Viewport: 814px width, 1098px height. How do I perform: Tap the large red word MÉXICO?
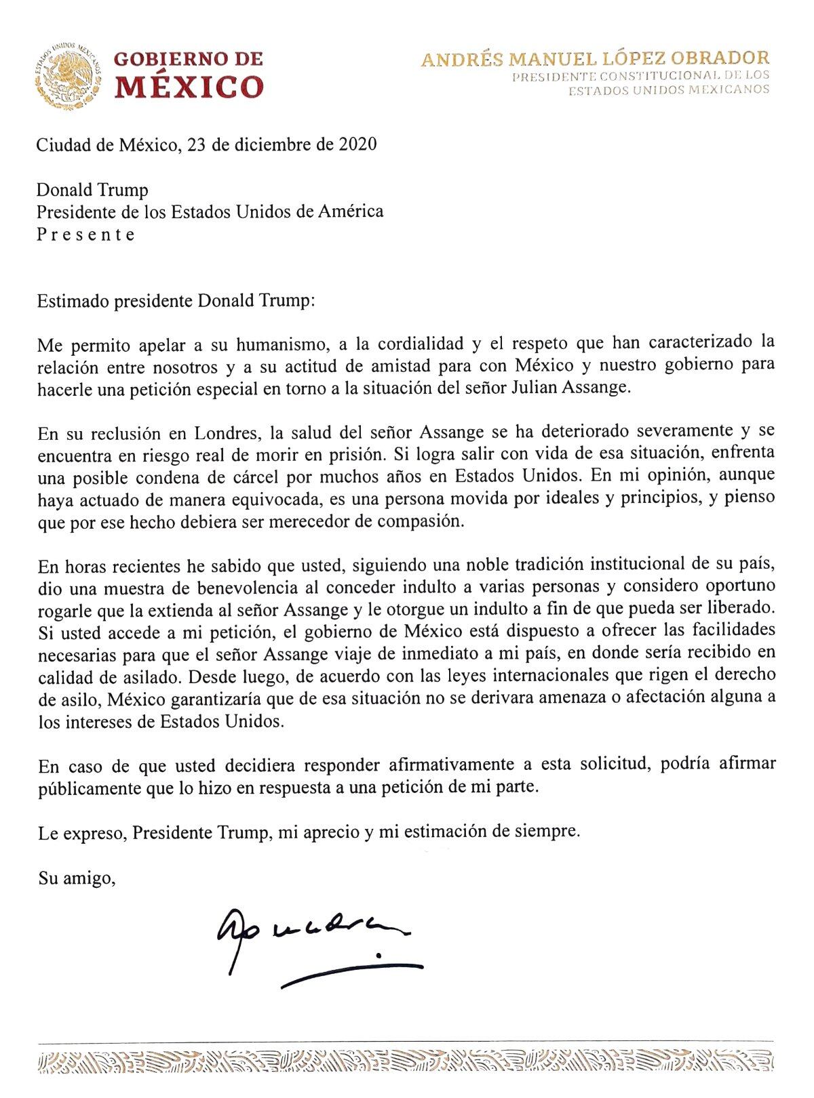pyautogui.click(x=189, y=87)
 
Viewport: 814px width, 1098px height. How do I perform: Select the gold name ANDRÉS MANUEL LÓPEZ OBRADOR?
pyautogui.click(x=595, y=59)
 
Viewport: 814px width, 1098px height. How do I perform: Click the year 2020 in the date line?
pyautogui.click(x=354, y=145)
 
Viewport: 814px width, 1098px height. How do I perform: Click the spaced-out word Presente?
pyautogui.click(x=85, y=235)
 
